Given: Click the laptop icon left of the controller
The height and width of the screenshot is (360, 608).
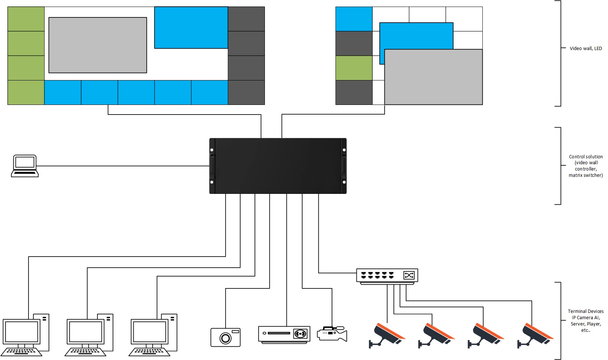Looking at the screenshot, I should tap(25, 166).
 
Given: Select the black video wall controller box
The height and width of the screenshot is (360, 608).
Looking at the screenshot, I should tap(278, 166).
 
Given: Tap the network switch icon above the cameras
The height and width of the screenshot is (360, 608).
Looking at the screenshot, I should tap(387, 276).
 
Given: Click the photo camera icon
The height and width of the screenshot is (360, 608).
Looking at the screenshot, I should tap(225, 337).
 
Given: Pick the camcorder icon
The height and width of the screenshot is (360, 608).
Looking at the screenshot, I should tap(332, 334).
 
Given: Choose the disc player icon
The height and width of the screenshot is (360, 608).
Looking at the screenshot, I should tap(284, 334).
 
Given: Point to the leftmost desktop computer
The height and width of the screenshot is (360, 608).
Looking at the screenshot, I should tap(26, 335).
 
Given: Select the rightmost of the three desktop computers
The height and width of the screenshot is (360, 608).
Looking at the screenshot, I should tap(154, 335).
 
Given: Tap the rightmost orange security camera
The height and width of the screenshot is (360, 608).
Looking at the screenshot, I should tap(535, 335).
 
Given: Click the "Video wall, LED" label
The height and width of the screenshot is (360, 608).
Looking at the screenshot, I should tap(586, 49).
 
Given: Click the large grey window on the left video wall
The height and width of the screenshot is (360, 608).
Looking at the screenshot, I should tap(98, 45).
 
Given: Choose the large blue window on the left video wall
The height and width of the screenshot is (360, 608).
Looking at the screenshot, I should tap(191, 27).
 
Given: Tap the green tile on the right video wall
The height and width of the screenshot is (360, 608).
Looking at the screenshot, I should tap(354, 68).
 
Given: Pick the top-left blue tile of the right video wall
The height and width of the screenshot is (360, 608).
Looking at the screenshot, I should tap(354, 19).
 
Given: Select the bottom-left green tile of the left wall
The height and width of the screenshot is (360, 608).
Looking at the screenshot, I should tap(26, 92).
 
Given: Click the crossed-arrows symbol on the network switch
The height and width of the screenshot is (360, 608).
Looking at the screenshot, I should tap(409, 275).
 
